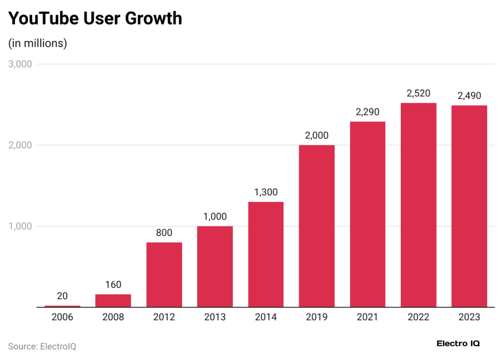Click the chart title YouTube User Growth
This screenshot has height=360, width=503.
click(95, 18)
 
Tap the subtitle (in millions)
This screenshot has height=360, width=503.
click(38, 43)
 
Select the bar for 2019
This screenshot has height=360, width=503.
click(316, 226)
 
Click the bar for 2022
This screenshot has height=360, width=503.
click(419, 205)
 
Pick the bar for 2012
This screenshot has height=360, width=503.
click(164, 275)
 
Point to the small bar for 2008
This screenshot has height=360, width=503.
click(113, 301)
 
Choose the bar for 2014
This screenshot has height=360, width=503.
click(266, 254)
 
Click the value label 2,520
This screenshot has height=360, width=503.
click(419, 93)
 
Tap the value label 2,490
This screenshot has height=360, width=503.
click(469, 96)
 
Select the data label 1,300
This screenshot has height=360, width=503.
click(266, 192)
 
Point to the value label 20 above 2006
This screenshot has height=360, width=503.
click(62, 296)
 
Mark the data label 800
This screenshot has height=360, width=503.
click(164, 233)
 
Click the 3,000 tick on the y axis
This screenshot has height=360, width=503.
click(20, 64)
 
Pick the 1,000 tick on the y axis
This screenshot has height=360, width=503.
click(20, 226)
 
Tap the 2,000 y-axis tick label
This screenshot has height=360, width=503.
click(20, 145)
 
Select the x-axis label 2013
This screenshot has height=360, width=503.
click(215, 317)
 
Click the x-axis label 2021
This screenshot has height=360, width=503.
click(367, 317)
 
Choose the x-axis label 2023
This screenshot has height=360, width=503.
click(469, 317)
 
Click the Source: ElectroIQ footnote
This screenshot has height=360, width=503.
click(42, 346)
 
